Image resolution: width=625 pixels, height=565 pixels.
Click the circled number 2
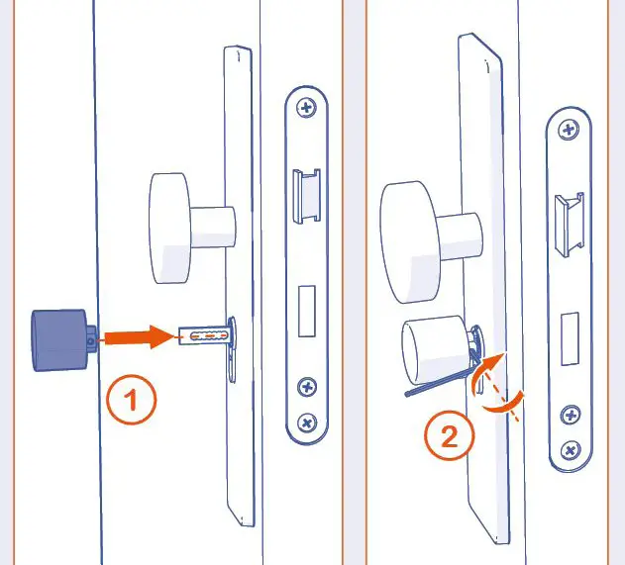point(449,436)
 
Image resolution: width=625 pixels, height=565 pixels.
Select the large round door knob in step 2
point(411,240)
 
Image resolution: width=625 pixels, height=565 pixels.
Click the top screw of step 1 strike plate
point(307,107)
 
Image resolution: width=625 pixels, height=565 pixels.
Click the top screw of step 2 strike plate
point(569,130)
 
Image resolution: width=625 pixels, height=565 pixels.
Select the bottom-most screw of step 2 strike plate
point(570,450)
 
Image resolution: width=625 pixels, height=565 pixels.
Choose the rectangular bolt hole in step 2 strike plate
point(570,335)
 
